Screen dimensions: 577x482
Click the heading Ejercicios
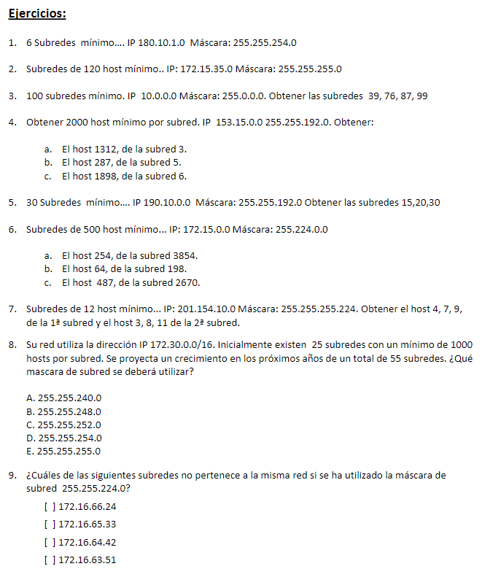[x=37, y=14]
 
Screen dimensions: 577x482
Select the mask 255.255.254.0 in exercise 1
[x=265, y=43]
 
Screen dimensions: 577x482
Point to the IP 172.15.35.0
[x=206, y=69]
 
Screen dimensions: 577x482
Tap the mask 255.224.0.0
[x=300, y=229]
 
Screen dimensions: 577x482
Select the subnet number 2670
[x=188, y=282]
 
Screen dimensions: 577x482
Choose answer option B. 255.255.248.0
[x=63, y=411]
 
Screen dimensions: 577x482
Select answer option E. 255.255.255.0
[x=63, y=451]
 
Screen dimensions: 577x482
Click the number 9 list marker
[x=12, y=476]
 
